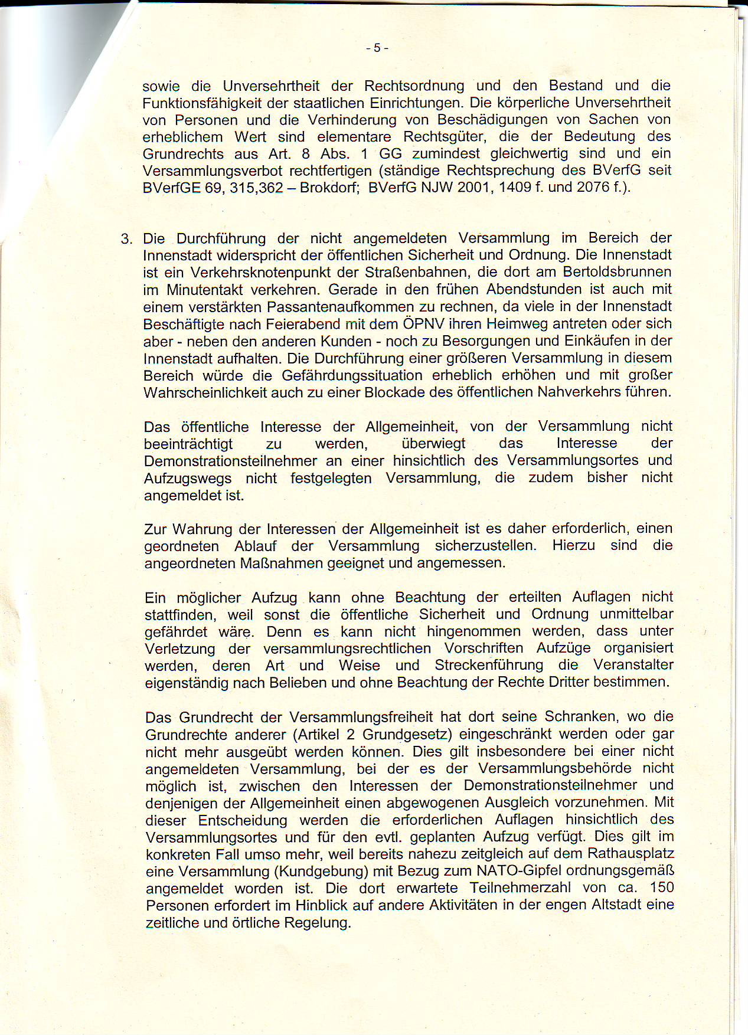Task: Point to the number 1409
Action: pyautogui.click(x=517, y=188)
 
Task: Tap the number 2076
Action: pyautogui.click(x=593, y=188)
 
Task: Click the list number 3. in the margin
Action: pyautogui.click(x=126, y=239)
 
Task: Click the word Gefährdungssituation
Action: pyautogui.click(x=352, y=375)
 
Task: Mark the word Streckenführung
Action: pyautogui.click(x=489, y=665)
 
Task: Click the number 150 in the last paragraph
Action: pyautogui.click(x=662, y=888)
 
